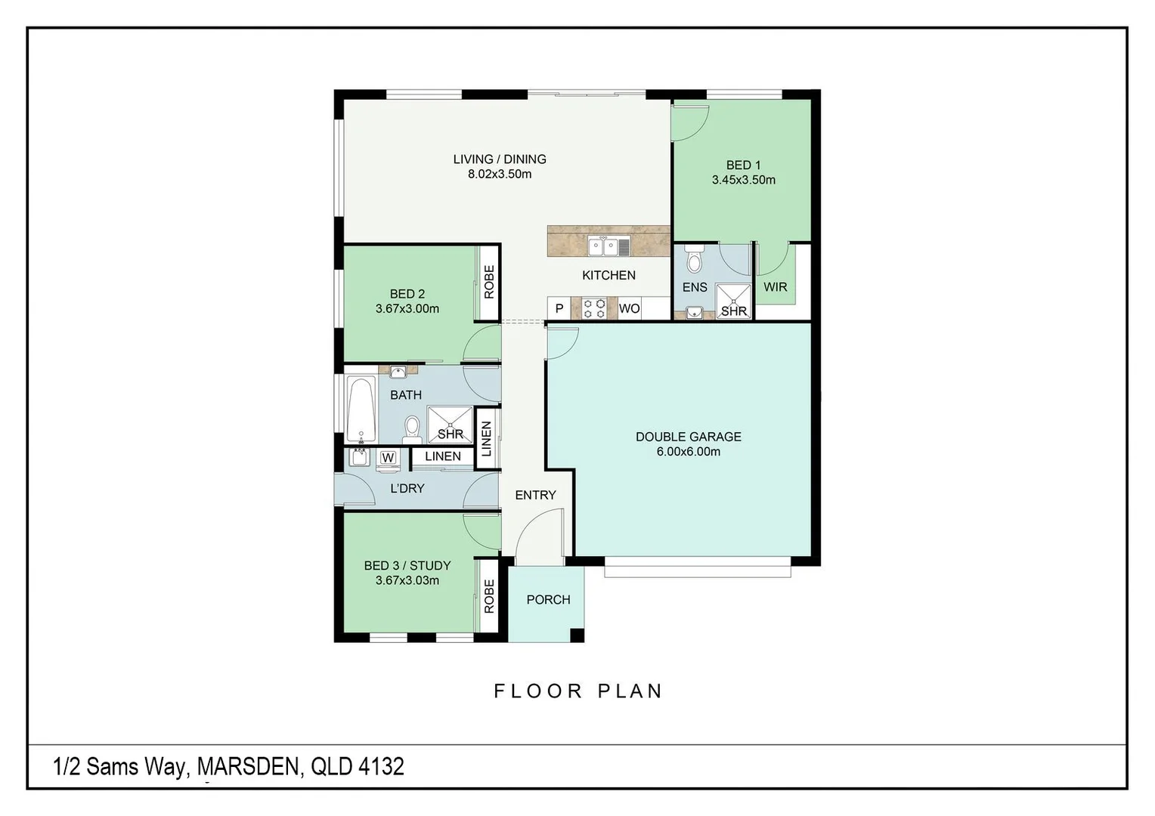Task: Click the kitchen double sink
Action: (x=608, y=246)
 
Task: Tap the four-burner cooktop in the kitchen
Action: (x=594, y=308)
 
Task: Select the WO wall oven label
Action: (x=629, y=308)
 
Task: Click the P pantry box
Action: (x=559, y=308)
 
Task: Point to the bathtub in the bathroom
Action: (x=361, y=409)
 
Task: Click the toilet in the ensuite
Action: (x=694, y=259)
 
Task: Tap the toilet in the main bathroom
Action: (x=412, y=428)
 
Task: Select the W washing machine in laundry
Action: (x=388, y=458)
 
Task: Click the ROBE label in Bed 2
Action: (x=489, y=282)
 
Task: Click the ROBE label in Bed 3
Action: (x=489, y=596)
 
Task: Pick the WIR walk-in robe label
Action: (x=775, y=287)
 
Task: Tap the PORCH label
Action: (x=548, y=600)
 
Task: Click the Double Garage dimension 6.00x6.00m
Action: (x=688, y=452)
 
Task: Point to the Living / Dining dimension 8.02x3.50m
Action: (x=499, y=175)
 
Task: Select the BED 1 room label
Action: (x=743, y=165)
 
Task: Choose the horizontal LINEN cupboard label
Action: (x=442, y=456)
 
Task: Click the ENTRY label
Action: (x=535, y=495)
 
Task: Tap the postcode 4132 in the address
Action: (x=381, y=767)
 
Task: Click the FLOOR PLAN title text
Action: (x=578, y=691)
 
